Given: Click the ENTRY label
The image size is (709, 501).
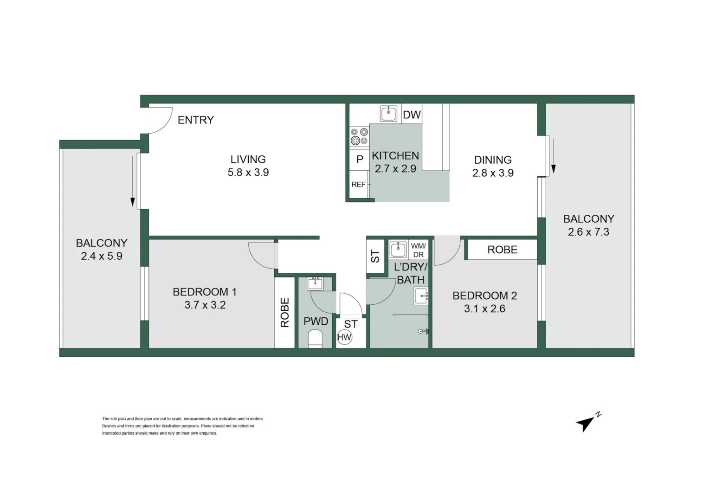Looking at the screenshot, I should pos(196,120).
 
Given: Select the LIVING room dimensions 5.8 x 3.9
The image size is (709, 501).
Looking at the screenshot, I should pos(248,173).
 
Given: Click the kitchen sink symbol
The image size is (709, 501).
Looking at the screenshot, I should pos(388,113).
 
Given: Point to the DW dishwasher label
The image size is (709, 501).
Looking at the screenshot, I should pos(412,115).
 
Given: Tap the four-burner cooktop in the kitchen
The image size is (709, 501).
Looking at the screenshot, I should pos(359,136).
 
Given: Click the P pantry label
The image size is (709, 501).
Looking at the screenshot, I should pos(360,160).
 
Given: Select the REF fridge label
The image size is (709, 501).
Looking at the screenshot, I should pos(359,185).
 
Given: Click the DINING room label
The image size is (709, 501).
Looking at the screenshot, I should pos(493,160).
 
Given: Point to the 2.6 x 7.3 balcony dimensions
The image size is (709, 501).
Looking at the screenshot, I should pos(588,232).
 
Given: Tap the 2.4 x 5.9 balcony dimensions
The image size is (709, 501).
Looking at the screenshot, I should pos(102,256).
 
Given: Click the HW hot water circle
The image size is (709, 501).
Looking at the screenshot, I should pos(344,337).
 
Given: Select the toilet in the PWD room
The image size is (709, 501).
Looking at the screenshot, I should pos(315,339).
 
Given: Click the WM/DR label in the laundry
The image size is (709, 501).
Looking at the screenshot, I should pos(418,250).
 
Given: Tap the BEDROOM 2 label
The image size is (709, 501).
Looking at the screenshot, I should pos(484,295).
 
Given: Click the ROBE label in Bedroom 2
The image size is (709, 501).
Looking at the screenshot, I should pos(502,250).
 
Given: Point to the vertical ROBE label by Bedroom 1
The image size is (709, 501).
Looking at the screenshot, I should pos(285,312).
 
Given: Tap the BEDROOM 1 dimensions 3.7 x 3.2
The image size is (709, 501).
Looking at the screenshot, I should pos(205,305).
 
